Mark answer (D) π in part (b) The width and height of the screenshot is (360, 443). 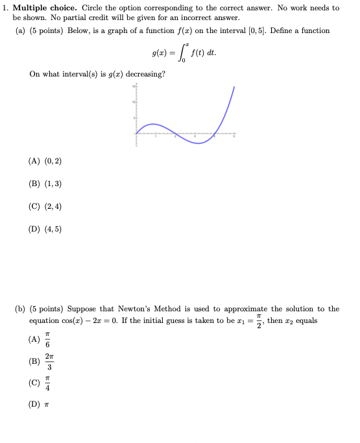pos(39,403)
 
